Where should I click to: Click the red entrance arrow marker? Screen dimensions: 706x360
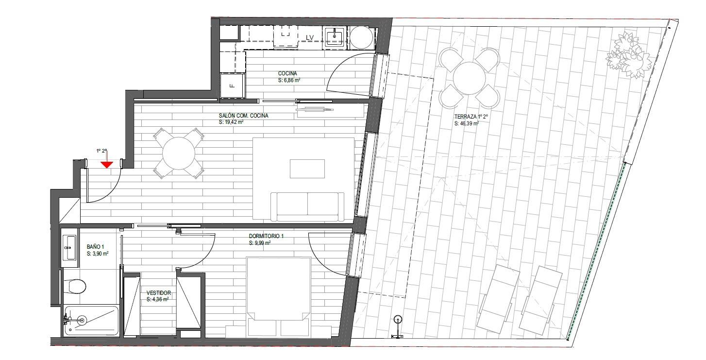click(107, 165)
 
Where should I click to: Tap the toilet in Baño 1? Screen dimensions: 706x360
click(74, 287)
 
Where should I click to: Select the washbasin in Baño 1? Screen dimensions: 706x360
click(69, 248)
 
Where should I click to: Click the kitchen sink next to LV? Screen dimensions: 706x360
click(335, 38)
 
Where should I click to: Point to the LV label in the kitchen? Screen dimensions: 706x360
click(309, 37)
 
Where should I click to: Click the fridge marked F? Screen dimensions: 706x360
click(233, 86)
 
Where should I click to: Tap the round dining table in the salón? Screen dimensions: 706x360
click(179, 154)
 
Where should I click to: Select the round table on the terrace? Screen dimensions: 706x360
click(470, 78)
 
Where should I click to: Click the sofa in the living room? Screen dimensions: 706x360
click(307, 206)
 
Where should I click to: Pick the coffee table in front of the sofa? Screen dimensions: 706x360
click(307, 169)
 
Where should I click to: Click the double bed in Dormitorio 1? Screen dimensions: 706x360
click(279, 297)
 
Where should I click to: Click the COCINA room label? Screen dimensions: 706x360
click(287, 73)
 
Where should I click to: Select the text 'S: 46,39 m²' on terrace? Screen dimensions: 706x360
click(467, 123)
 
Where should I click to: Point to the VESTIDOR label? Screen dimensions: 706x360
click(159, 293)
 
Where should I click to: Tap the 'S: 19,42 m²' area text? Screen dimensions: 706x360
click(231, 122)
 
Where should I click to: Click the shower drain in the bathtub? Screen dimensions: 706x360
click(82, 320)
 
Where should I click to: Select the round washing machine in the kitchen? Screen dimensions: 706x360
click(362, 37)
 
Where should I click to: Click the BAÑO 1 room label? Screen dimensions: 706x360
click(95, 246)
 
